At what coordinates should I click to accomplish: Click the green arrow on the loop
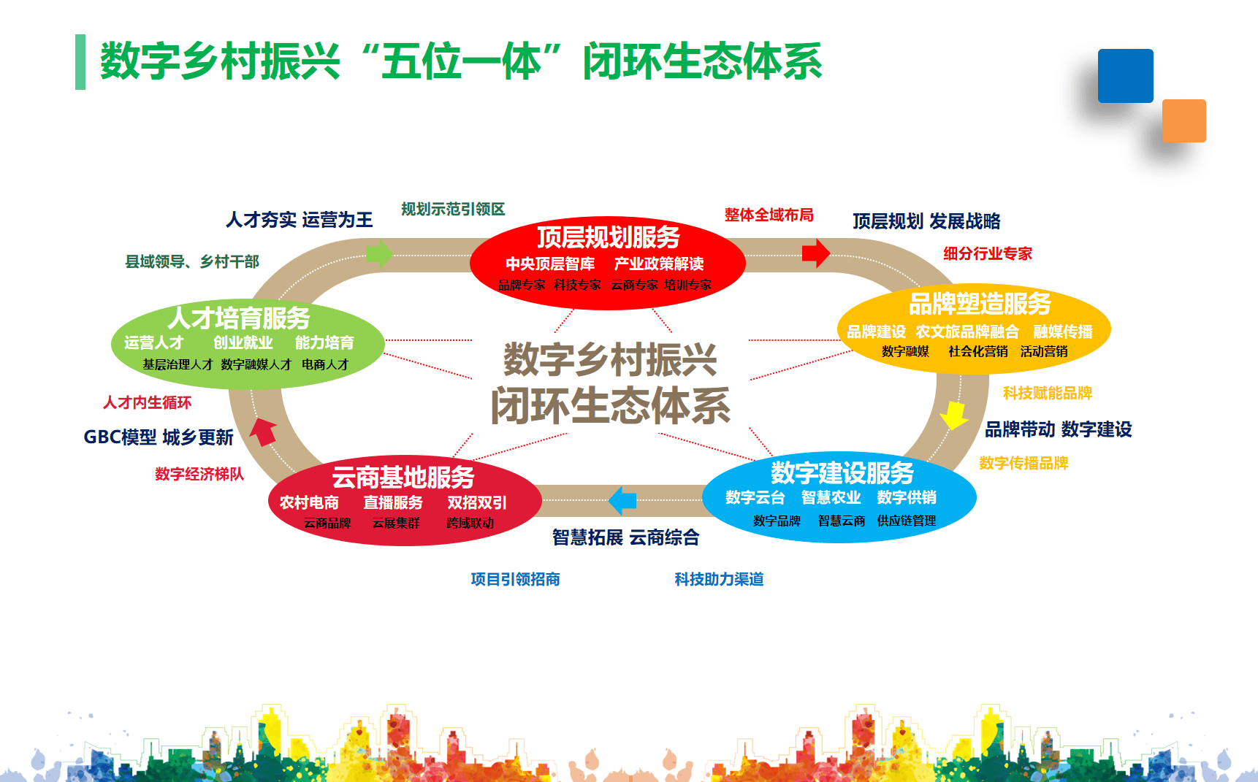[379, 254]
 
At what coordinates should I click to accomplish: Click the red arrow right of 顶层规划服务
[815, 253]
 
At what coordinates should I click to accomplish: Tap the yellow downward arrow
[953, 415]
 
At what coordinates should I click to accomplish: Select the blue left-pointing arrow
[622, 500]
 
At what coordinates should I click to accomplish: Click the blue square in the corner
[1125, 76]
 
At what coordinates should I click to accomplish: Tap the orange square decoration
[1183, 120]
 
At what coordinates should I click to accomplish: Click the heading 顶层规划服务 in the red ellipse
[608, 237]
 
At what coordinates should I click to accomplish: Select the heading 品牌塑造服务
[979, 304]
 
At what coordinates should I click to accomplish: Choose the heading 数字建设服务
[842, 472]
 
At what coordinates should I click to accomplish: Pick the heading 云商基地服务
[403, 477]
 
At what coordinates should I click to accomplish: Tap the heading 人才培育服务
[239, 318]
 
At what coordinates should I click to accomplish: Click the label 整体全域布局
[769, 215]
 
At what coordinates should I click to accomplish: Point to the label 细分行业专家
[987, 253]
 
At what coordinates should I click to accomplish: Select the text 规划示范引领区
[453, 210]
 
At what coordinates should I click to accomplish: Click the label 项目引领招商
[515, 579]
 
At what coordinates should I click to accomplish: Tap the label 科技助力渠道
[719, 579]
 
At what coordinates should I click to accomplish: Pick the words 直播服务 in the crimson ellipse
[393, 502]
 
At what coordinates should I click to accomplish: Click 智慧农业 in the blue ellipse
[831, 497]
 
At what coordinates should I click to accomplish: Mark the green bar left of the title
[80, 62]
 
